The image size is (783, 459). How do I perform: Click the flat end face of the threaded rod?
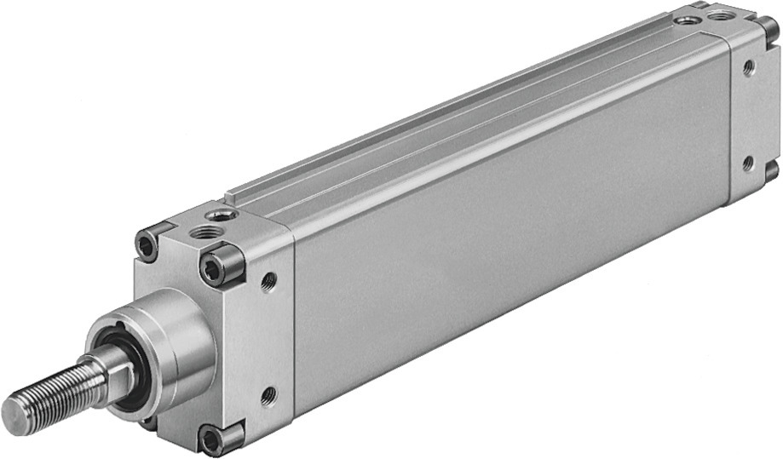click(x=17, y=415)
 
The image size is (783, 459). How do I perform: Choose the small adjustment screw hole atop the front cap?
click(x=222, y=214)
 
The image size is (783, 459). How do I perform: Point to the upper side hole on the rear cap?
click(x=748, y=67)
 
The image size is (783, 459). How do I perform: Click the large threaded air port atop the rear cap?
click(x=720, y=14)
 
